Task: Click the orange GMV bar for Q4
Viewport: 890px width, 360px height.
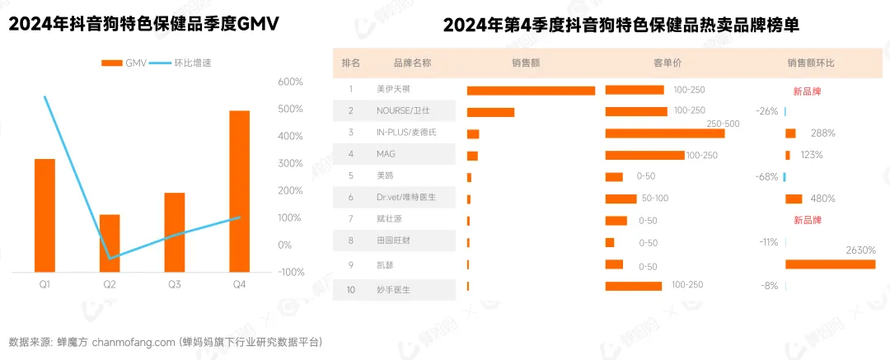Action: [x=239, y=190]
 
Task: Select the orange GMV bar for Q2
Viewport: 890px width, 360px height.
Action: [x=110, y=242]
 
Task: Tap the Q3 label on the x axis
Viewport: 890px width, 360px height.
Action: [x=174, y=284]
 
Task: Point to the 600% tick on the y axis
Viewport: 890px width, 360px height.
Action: [x=291, y=82]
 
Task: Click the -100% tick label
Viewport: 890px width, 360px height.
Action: [x=290, y=272]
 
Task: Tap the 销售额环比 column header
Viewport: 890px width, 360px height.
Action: [x=810, y=63]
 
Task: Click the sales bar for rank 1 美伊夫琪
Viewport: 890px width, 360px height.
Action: [x=531, y=91]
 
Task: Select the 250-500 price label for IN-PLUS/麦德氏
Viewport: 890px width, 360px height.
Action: [x=724, y=124]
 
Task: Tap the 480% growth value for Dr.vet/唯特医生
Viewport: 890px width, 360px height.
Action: [x=822, y=199]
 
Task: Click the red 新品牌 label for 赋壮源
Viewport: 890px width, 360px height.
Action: [x=807, y=220]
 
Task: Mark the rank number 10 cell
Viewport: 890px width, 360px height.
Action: [x=351, y=290]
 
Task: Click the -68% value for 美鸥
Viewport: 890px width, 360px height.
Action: [x=766, y=177]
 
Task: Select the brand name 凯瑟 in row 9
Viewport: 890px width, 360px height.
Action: [x=385, y=264]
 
